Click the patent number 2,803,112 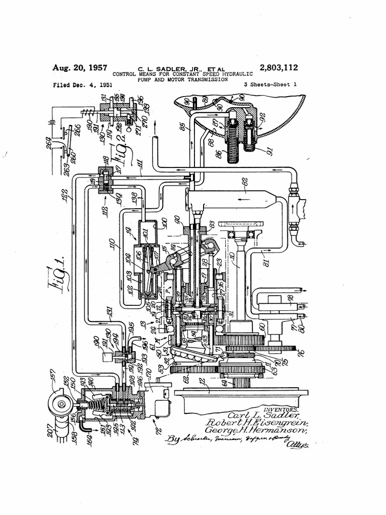[278, 67]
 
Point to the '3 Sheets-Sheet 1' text [270, 85]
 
